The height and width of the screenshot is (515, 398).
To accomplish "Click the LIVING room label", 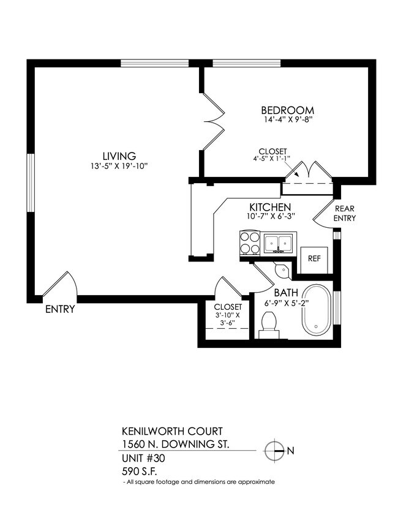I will pyautogui.click(x=119, y=156).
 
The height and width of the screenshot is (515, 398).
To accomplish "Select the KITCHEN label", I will pyautogui.click(x=269, y=207).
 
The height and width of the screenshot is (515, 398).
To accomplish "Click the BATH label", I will pyautogui.click(x=286, y=293).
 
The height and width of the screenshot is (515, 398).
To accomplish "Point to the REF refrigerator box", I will pyautogui.click(x=314, y=258).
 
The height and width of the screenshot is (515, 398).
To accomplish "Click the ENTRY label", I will pyautogui.click(x=60, y=309).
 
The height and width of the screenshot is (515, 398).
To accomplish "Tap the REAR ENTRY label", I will pyautogui.click(x=344, y=214).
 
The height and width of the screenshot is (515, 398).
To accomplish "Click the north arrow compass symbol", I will pyautogui.click(x=275, y=451).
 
